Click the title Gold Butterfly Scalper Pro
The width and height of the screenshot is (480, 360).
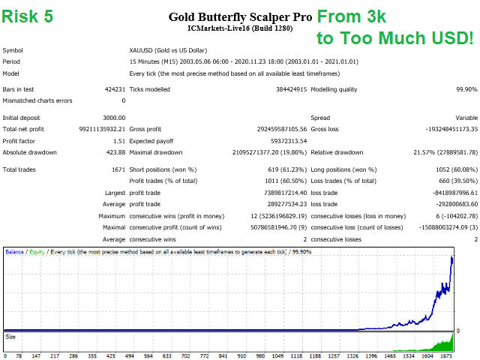(x=239, y=16)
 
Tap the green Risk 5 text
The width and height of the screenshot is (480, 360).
(x=28, y=16)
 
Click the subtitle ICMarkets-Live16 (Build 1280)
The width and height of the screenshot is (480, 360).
(x=239, y=28)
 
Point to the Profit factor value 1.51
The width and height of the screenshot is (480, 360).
(x=118, y=140)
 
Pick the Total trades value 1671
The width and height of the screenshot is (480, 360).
(x=117, y=169)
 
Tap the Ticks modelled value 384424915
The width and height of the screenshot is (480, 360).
(x=286, y=89)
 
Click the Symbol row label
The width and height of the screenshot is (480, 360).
(x=13, y=50)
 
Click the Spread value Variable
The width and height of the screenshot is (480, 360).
(x=466, y=118)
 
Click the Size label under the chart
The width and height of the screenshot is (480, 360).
(x=10, y=337)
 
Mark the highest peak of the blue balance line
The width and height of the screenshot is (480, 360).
(x=452, y=257)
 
